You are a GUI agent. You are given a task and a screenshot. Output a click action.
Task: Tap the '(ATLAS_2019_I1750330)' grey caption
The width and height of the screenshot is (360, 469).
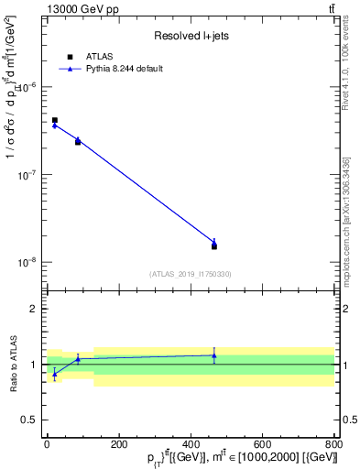[x=191, y=274]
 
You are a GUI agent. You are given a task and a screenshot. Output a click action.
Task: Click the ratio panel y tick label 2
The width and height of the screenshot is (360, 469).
[x=35, y=309]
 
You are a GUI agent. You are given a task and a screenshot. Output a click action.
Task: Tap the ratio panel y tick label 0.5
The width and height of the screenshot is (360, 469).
[x=31, y=420]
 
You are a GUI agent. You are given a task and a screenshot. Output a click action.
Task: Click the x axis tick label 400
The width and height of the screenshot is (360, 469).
[x=191, y=442]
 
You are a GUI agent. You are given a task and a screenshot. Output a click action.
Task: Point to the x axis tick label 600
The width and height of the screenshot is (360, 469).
[x=262, y=442]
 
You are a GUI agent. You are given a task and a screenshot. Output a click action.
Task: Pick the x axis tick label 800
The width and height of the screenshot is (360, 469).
[x=333, y=442]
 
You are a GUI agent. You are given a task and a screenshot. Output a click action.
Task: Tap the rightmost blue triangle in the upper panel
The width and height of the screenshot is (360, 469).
[x=213, y=242]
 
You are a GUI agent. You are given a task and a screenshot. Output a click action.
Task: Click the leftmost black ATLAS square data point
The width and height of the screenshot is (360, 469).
[x=55, y=120]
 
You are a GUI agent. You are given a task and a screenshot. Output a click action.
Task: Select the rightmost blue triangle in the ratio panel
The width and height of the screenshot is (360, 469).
[x=213, y=355]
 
